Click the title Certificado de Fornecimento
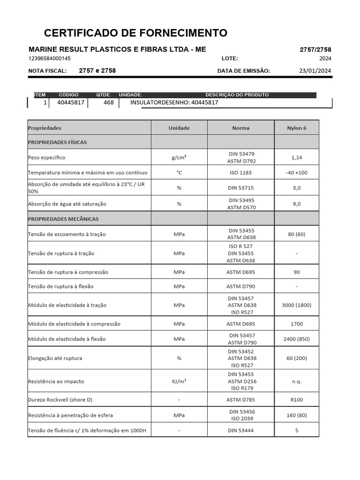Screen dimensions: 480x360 (135, 33)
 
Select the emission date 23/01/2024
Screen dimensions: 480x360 (315, 71)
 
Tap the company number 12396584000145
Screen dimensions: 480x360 (50, 59)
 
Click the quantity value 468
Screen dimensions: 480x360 (108, 102)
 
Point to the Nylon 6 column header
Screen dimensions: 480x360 (296, 128)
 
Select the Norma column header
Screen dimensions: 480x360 (240, 128)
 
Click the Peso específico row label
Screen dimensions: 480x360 (46, 157)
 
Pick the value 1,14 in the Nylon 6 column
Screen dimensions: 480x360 (296, 157)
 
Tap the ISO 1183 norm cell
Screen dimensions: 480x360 (241, 172)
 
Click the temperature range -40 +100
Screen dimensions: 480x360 (296, 172)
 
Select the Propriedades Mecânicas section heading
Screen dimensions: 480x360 (63, 219)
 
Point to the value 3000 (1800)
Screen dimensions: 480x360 (296, 305)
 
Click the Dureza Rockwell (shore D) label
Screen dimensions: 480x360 (60, 400)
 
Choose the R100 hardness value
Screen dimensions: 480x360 (296, 400)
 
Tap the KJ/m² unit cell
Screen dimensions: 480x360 (179, 382)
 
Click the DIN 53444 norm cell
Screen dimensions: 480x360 (241, 430)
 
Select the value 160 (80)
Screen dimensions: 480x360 (296, 415)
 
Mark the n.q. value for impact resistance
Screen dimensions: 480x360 (296, 382)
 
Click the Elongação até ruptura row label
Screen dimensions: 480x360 (55, 358)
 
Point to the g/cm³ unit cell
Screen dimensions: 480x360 (179, 157)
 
